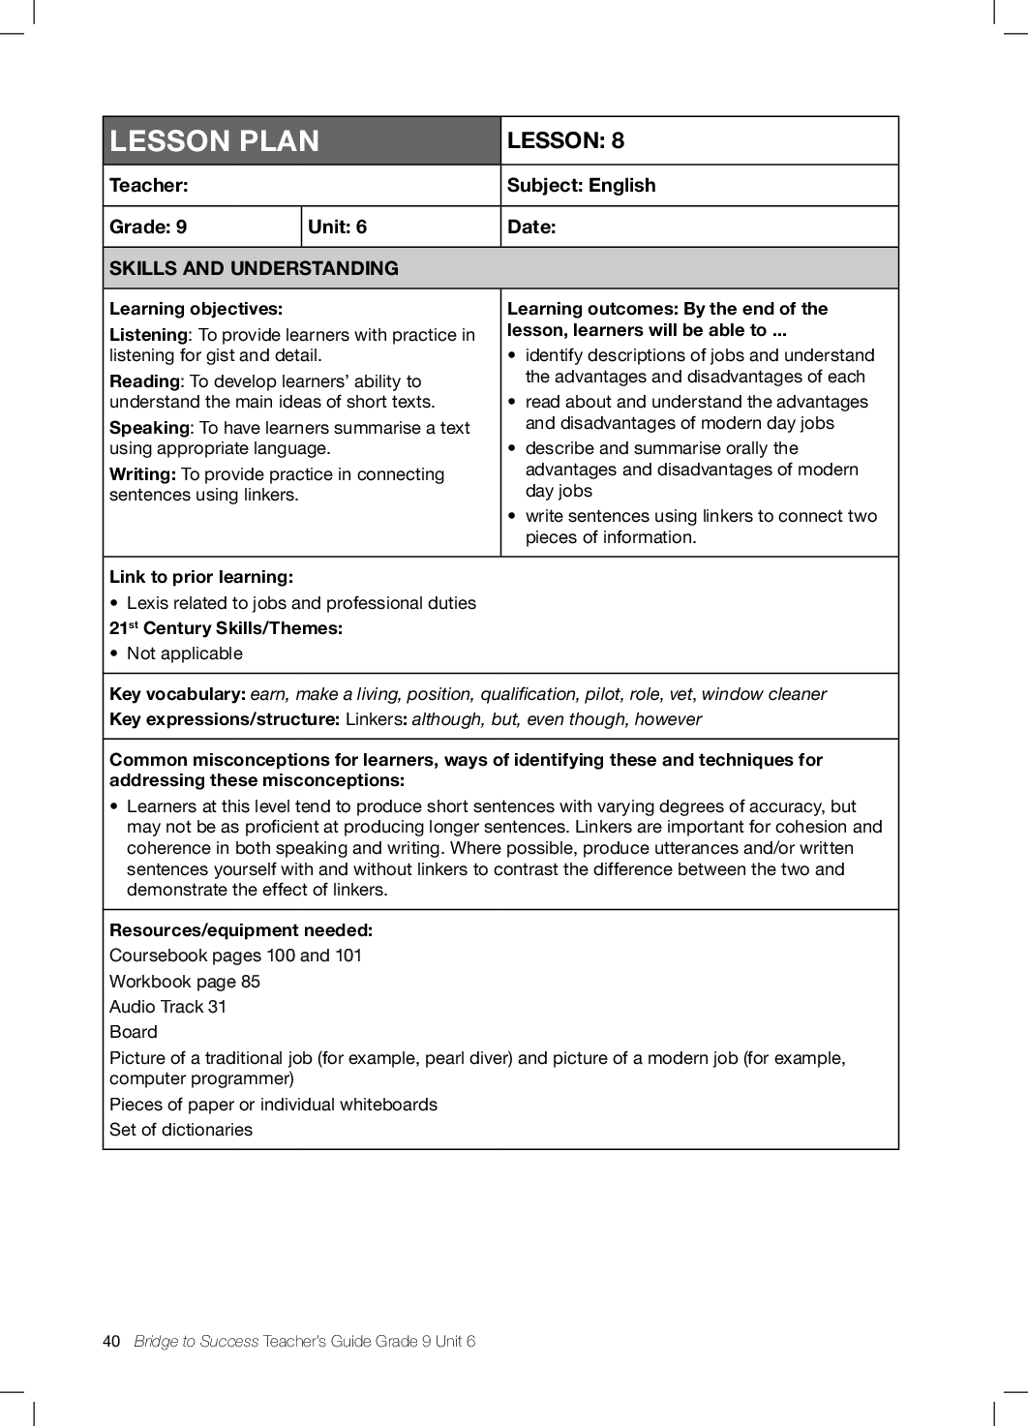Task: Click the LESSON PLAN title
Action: [214, 141]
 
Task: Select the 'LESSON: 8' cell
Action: [565, 140]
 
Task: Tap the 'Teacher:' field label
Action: [149, 186]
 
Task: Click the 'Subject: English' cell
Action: [581, 186]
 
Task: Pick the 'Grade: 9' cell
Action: [148, 228]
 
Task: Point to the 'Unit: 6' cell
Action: [337, 228]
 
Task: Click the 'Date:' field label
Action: [531, 228]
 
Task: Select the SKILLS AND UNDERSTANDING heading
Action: [254, 269]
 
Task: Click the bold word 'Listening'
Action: [149, 335]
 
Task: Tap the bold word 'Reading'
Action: [144, 381]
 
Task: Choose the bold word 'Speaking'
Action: [150, 428]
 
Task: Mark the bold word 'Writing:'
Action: [142, 474]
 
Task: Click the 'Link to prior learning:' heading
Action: [201, 577]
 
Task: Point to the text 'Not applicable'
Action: [185, 653]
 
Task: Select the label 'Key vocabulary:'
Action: [177, 694]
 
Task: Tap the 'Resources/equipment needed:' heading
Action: [241, 930]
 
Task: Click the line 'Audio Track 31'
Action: [167, 1007]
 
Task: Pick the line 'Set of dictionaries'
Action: [181, 1130]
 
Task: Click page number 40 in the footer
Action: [111, 1341]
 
